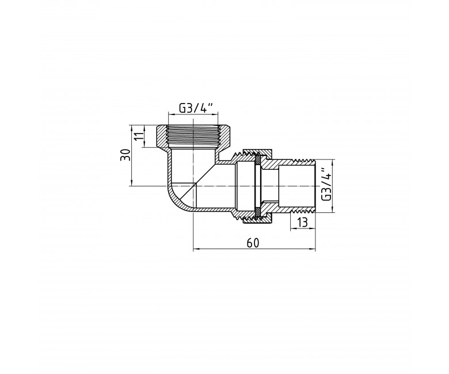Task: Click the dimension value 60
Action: (253, 243)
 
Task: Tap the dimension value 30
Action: (125, 155)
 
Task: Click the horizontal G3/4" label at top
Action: (196, 108)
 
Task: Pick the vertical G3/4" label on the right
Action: (326, 185)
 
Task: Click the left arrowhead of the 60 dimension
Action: (196, 249)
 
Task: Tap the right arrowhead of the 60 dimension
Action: (313, 249)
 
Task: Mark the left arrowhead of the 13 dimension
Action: (294, 228)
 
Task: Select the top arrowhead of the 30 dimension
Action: (132, 128)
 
